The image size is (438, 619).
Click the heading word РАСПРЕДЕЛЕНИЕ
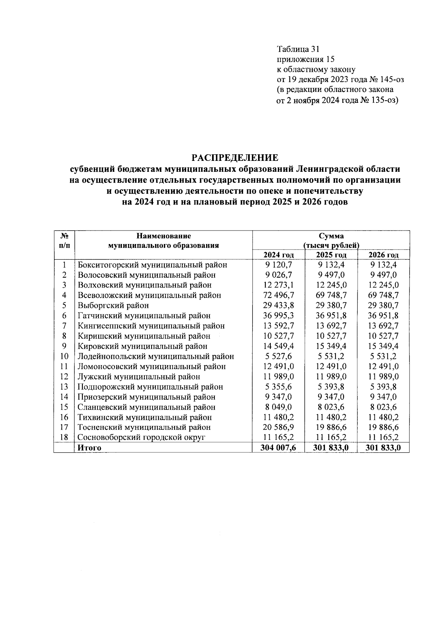tap(235, 158)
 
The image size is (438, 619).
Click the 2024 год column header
tap(278, 255)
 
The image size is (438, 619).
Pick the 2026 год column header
tap(383, 255)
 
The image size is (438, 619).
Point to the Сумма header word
tap(331, 236)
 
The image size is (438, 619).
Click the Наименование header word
tap(164, 236)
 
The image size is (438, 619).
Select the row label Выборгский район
tap(113, 305)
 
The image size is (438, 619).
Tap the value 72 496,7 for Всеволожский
tap(278, 295)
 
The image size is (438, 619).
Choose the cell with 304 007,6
tap(278, 448)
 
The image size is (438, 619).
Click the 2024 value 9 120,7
tap(278, 265)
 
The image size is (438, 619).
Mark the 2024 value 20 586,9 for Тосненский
tap(278, 427)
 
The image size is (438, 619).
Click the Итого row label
tap(89, 448)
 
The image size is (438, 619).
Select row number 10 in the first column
tap(64, 356)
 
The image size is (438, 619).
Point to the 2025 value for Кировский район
tap(331, 346)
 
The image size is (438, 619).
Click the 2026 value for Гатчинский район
tap(383, 316)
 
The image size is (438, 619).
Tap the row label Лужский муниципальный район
tap(139, 376)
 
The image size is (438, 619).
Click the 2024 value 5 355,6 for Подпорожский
tap(278, 387)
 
